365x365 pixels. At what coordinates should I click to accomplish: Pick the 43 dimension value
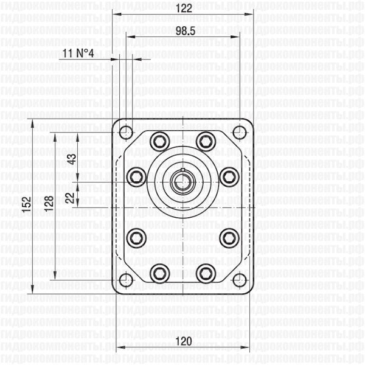point(72,159)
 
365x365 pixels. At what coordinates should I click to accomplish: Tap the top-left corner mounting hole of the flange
point(125,131)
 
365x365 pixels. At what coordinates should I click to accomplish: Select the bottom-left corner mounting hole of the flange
point(125,280)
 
